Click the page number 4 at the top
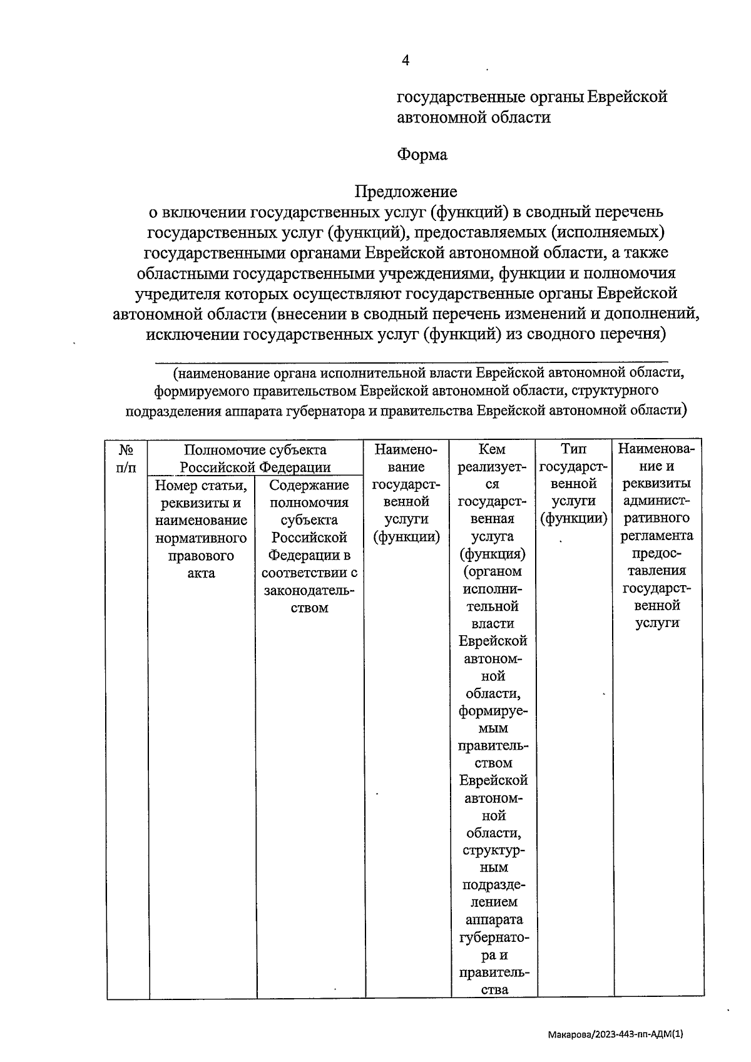pyautogui.click(x=405, y=60)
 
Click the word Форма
pyautogui.click(x=422, y=155)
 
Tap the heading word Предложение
pyautogui.click(x=406, y=191)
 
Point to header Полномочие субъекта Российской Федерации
pyautogui.click(x=255, y=458)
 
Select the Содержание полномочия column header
pyautogui.click(x=309, y=486)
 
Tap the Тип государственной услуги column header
pyautogui.click(x=573, y=484)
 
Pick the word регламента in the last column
pyautogui.click(x=656, y=536)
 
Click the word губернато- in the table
pyautogui.click(x=493, y=937)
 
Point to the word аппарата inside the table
pyautogui.click(x=494, y=920)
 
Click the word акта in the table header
pyautogui.click(x=201, y=573)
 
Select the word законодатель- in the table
pyautogui.click(x=309, y=591)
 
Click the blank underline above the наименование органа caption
pyautogui.click(x=411, y=361)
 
